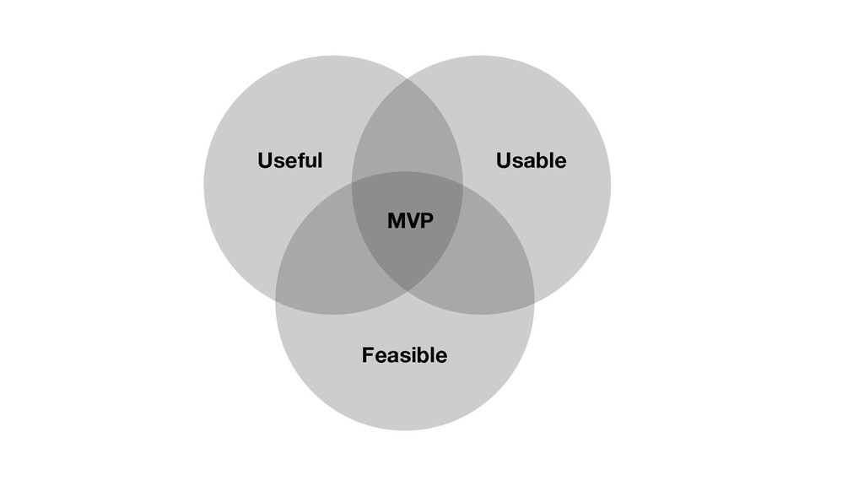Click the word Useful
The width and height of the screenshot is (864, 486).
(289, 160)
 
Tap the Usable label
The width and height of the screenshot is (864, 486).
(531, 160)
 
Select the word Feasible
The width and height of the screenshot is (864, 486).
(404, 355)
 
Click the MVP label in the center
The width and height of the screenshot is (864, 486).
(410, 222)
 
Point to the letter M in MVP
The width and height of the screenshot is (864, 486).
(395, 222)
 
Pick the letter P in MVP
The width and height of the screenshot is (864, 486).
(426, 222)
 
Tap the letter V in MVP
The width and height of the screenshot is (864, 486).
(411, 222)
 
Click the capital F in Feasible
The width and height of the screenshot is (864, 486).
(367, 355)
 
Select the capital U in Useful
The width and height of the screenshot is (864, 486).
(264, 160)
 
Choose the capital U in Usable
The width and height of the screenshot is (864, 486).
(503, 160)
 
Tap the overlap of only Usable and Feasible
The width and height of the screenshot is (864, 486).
(494, 262)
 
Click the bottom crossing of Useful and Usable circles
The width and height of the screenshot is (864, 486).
(408, 290)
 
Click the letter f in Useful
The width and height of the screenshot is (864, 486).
(307, 159)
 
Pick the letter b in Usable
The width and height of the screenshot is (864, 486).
(543, 159)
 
